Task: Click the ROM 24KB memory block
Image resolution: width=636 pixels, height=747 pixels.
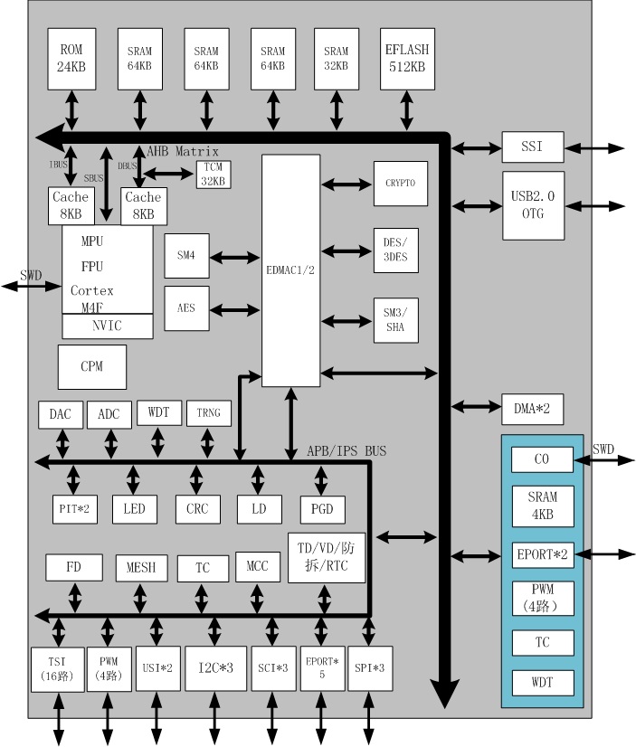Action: tap(71, 57)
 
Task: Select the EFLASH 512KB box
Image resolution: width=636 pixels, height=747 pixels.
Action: tap(405, 57)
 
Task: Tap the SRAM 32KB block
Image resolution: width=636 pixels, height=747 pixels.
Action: tap(336, 57)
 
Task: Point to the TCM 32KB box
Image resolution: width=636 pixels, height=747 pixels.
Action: tap(213, 174)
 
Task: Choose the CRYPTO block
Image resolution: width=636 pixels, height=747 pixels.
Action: tap(399, 184)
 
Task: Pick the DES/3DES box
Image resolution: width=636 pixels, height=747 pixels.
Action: tap(395, 249)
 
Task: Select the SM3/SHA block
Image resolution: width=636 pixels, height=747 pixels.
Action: tap(395, 319)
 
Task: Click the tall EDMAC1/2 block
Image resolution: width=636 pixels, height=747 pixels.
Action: tap(290, 269)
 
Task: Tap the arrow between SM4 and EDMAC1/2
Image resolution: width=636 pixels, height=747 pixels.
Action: tap(236, 257)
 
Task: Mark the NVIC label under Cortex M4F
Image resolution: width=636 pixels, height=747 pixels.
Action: tap(107, 326)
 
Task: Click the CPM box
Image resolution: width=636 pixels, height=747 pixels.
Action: tap(91, 366)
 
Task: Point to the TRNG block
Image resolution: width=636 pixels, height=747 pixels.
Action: tap(208, 414)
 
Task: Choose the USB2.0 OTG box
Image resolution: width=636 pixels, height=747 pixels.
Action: tap(533, 205)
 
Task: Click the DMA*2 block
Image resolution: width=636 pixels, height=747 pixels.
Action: tap(533, 409)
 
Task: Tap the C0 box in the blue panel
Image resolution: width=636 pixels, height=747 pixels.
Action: tap(542, 459)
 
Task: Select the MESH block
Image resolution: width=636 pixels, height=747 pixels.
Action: tap(141, 568)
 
